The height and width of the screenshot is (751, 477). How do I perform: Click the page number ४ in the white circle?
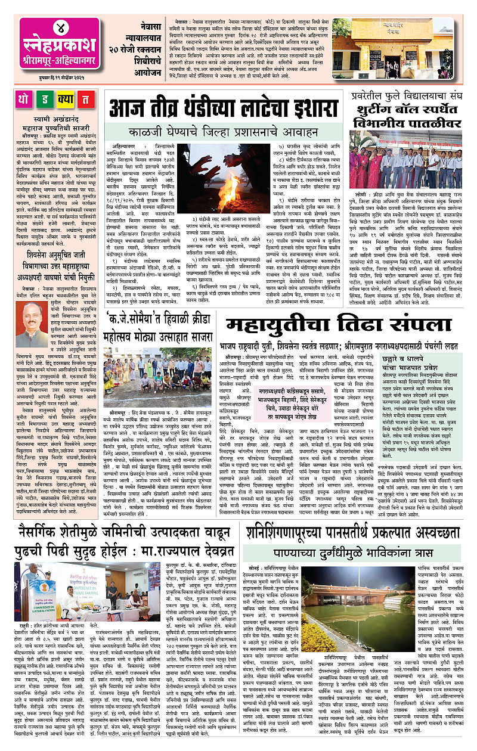click(x=51, y=28)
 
